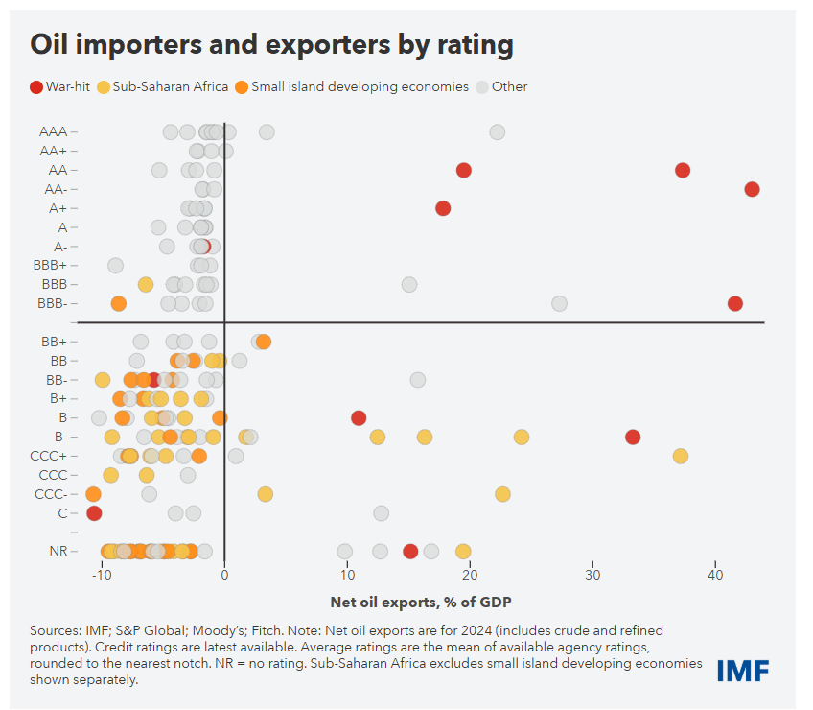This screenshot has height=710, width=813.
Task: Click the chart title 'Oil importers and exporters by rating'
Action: pyautogui.click(x=271, y=45)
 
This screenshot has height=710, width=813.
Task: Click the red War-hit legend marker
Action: pyautogui.click(x=36, y=87)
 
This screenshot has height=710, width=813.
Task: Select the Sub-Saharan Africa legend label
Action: pyautogui.click(x=171, y=87)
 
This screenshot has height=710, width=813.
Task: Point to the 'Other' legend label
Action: pyautogui.click(x=509, y=87)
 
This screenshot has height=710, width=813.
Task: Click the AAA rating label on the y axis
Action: pyautogui.click(x=53, y=131)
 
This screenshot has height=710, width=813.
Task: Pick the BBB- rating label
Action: pyautogui.click(x=54, y=303)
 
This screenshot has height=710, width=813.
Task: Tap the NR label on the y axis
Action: pyautogui.click(x=58, y=552)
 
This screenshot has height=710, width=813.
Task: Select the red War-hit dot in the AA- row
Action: pyautogui.click(x=752, y=189)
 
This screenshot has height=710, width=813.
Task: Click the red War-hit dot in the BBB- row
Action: pyautogui.click(x=735, y=303)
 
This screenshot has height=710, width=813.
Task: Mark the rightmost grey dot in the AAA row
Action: pyautogui.click(x=497, y=132)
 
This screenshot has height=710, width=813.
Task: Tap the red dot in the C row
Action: pyautogui.click(x=94, y=513)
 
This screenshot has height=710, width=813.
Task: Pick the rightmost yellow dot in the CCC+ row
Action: pyautogui.click(x=680, y=456)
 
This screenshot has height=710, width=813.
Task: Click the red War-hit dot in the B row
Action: pyautogui.click(x=359, y=417)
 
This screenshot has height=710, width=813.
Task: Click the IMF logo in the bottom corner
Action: pyautogui.click(x=742, y=671)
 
